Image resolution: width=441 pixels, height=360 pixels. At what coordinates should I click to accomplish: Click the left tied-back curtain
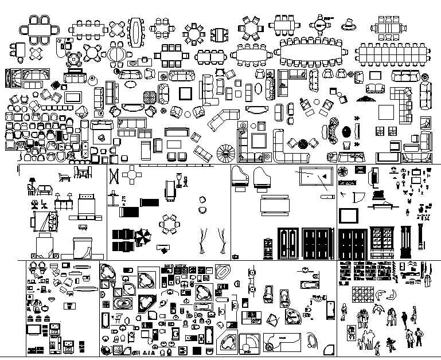tap(202, 240)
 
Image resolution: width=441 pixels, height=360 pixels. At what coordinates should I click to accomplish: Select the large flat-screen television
tap(348, 216)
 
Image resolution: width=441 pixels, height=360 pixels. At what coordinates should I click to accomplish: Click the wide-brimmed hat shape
tap(348, 25)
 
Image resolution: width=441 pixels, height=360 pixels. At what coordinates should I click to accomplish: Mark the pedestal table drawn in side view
tap(115, 198)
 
